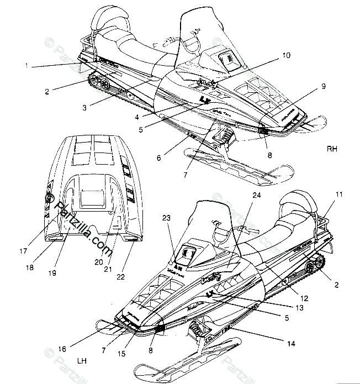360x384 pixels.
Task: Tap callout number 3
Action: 84,107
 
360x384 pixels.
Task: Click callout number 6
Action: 158,157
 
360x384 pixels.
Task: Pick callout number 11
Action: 338,194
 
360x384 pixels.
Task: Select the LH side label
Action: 83,361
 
